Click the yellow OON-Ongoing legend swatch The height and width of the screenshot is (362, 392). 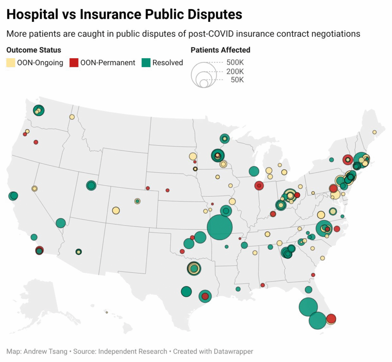[x=11, y=63]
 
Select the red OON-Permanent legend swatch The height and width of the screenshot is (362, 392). [x=74, y=63]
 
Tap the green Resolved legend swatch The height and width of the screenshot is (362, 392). [x=146, y=63]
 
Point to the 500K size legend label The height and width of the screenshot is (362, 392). [x=235, y=62]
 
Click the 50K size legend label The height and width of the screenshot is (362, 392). [x=237, y=80]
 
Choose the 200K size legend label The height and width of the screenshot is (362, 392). [x=235, y=71]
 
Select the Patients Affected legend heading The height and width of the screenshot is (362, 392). [x=220, y=50]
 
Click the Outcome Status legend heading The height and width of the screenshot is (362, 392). [x=34, y=50]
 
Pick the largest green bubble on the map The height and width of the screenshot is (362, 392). [x=220, y=227]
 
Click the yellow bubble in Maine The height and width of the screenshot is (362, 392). [x=374, y=132]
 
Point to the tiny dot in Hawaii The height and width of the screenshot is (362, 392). [x=107, y=313]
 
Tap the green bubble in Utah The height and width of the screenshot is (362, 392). [x=91, y=185]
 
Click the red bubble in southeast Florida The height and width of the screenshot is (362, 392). [x=331, y=319]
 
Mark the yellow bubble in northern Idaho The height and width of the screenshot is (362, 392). [x=72, y=117]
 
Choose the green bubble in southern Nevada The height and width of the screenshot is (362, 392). [x=60, y=223]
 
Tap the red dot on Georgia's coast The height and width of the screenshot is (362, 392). [x=313, y=275]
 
